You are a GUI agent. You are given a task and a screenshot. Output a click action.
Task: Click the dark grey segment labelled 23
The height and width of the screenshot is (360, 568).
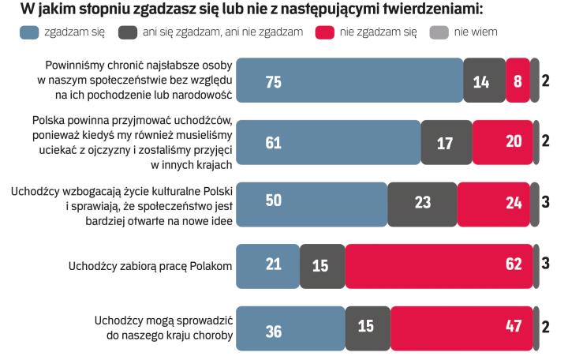click(422, 203)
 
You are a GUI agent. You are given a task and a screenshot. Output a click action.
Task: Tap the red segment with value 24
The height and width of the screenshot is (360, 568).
click(495, 203)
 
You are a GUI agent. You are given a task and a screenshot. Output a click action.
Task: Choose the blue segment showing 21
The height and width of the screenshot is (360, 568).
click(268, 264)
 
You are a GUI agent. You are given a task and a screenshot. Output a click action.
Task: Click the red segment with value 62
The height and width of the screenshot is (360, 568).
click(439, 264)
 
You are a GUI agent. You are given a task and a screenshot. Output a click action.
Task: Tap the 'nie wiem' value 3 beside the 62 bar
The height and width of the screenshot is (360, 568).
click(545, 264)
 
